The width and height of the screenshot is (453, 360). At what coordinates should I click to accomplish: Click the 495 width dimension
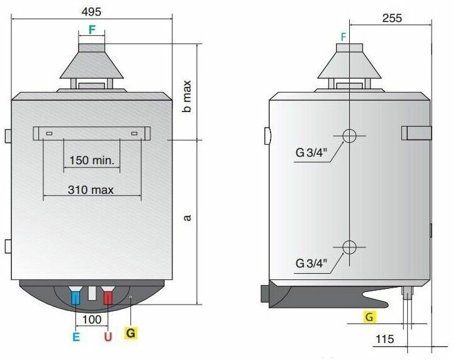click(92, 12)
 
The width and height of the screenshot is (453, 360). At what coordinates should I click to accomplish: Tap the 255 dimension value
click(392, 18)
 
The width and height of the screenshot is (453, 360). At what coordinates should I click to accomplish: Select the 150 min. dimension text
click(92, 160)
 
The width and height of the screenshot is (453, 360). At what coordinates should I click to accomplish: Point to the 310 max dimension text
click(91, 190)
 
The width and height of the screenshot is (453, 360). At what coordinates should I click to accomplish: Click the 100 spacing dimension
click(92, 320)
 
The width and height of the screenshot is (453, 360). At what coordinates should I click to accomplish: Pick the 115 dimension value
click(385, 339)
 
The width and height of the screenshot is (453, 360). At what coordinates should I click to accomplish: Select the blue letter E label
click(76, 337)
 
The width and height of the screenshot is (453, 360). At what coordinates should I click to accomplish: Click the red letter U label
click(108, 337)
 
